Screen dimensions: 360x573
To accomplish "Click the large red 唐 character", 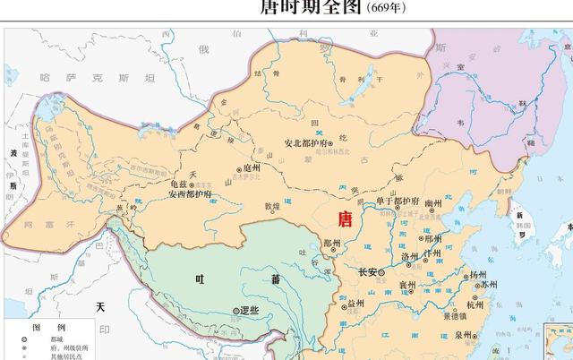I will [x=343, y=218].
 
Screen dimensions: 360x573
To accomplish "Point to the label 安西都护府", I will [x=190, y=193].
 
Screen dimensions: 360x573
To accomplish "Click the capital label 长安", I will [x=368, y=271].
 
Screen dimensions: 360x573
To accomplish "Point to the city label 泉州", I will [x=462, y=335].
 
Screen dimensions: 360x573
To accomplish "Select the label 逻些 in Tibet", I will [x=249, y=311].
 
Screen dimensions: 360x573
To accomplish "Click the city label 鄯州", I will [x=331, y=244].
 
